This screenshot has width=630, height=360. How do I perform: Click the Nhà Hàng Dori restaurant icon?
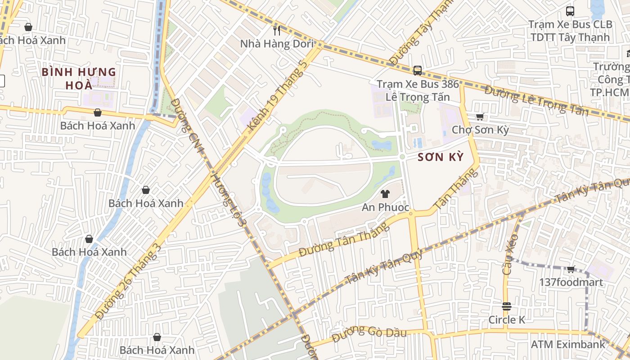pos(277,30)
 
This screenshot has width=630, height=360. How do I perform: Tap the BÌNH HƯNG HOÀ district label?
pos(79,78)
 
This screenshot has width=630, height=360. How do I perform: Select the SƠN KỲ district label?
pos(440,157)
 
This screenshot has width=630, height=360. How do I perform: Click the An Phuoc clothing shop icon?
pos(385,194)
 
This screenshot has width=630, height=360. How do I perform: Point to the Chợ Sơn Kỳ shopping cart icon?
pos(480,117)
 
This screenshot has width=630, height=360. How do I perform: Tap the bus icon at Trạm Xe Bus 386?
pos(418,70)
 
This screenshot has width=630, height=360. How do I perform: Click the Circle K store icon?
pos(507,306)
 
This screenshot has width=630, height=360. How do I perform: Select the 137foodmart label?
pos(571,282)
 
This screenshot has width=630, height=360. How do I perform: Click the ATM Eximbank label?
pos(568,344)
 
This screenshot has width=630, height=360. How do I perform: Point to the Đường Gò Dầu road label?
pos(369,334)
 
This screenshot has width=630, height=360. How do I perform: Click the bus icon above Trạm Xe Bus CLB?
pos(570,11)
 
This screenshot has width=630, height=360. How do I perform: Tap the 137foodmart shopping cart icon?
pos(571,269)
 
